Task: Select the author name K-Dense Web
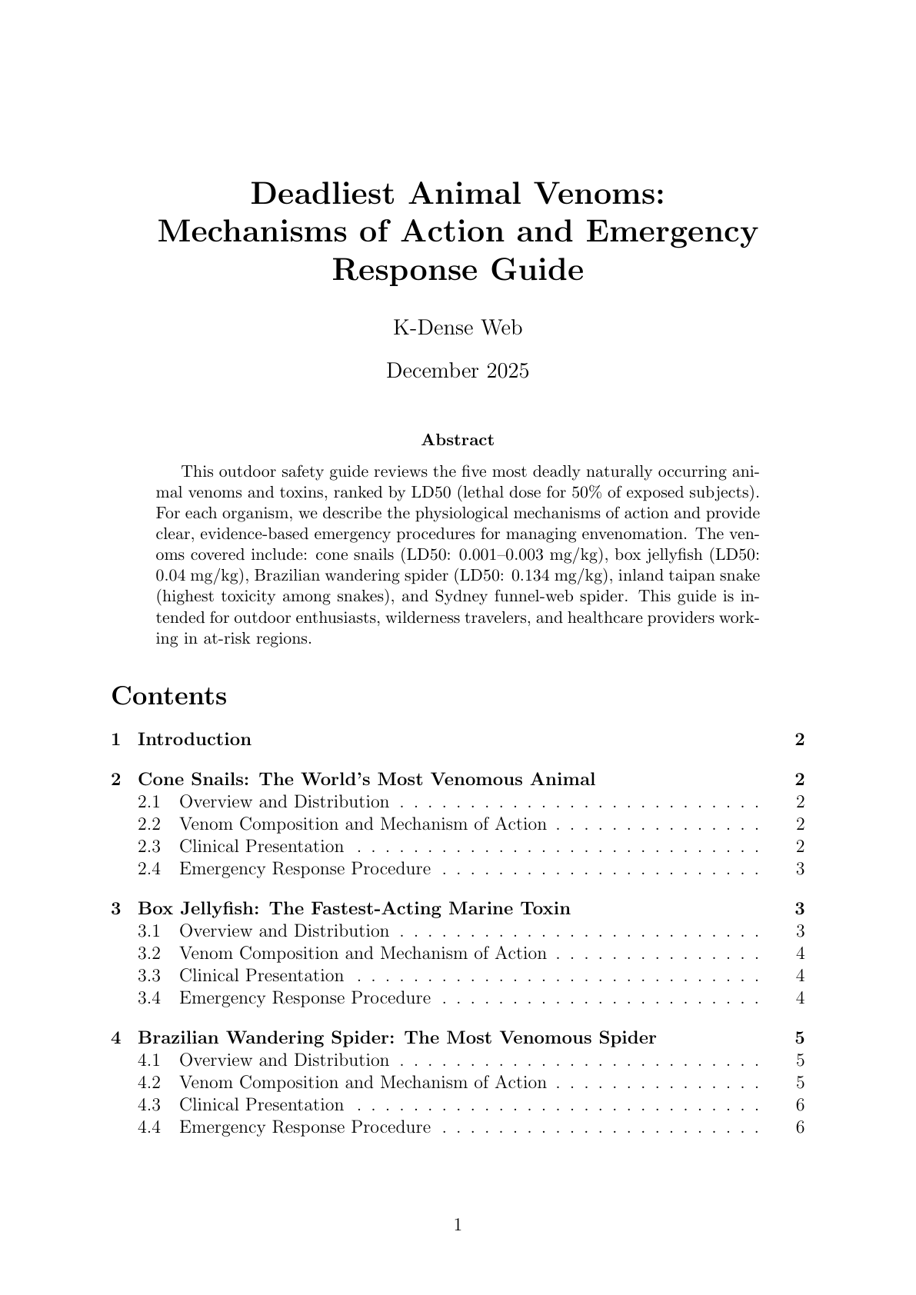coord(458,328)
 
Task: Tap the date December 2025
coord(458,371)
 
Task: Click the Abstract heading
coord(458,441)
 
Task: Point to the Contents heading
coord(169,696)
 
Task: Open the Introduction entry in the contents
coord(194,740)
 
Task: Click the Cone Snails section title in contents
coord(366,780)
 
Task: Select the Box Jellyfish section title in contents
coord(354,909)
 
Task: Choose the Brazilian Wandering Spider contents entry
coord(396,1038)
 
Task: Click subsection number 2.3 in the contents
coord(149,847)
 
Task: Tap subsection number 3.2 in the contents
coord(149,954)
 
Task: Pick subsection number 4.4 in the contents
coord(149,1127)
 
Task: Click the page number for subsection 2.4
coord(801,869)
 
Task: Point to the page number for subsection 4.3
coord(801,1105)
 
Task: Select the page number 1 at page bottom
coord(458,1225)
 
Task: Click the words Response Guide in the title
coord(458,271)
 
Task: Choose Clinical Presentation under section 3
coord(261,976)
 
